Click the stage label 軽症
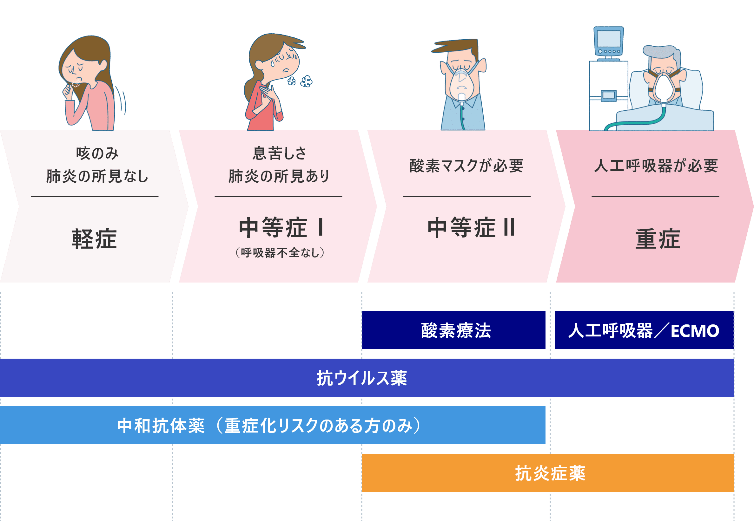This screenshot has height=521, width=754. pyautogui.click(x=94, y=239)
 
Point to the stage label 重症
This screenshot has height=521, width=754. pyautogui.click(x=658, y=239)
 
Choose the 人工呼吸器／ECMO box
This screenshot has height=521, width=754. pyautogui.click(x=644, y=330)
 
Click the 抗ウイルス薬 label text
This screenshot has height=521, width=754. pyautogui.click(x=362, y=378)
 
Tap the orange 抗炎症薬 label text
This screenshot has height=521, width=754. pyautogui.click(x=550, y=473)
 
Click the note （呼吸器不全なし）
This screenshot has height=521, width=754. pyautogui.click(x=280, y=252)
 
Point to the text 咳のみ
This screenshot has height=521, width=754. pyautogui.click(x=97, y=153)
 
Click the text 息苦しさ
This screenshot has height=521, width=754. pyautogui.click(x=279, y=153)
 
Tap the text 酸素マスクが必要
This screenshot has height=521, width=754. pyautogui.click(x=466, y=166)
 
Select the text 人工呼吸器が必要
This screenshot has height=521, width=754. pyautogui.click(x=656, y=166)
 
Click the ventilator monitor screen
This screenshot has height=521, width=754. pyautogui.click(x=608, y=38)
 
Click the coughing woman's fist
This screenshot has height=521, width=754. pyautogui.click(x=69, y=89)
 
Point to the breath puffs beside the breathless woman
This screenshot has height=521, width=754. pyautogui.click(x=301, y=81)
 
